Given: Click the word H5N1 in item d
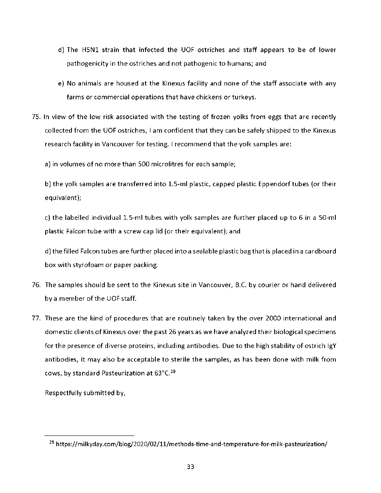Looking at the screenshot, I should pyautogui.click(x=90, y=50).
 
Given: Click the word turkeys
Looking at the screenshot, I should pyautogui.click(x=243, y=97).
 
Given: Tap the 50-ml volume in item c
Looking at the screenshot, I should pyautogui.click(x=328, y=218).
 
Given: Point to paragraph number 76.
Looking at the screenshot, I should pyautogui.click(x=36, y=285).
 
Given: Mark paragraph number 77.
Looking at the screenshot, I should pyautogui.click(x=36, y=318).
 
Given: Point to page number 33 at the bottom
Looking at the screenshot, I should pyautogui.click(x=190, y=467).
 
